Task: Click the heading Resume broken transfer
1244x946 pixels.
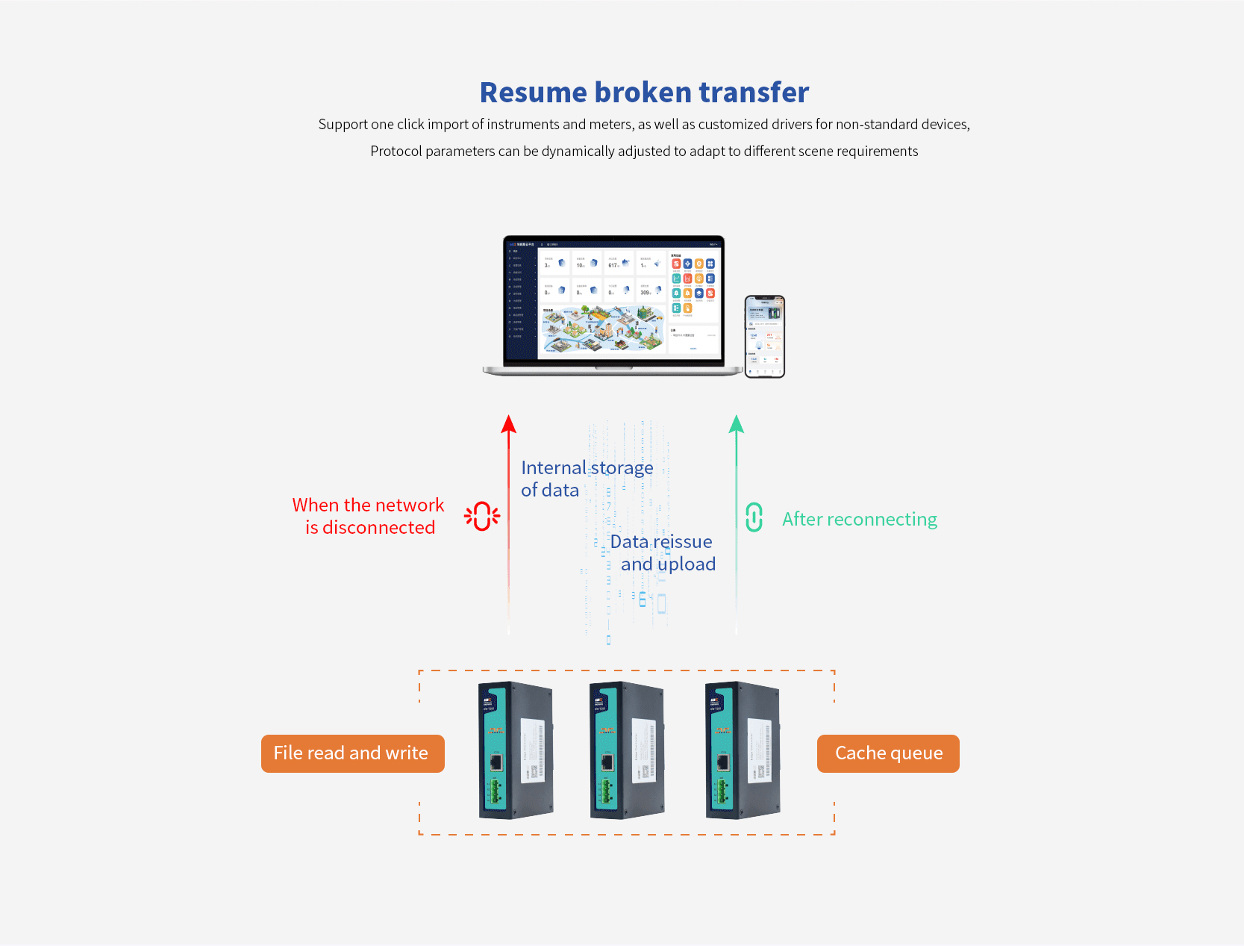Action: (x=644, y=93)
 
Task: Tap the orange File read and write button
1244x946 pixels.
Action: (x=352, y=753)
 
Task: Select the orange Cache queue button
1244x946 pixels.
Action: (x=888, y=753)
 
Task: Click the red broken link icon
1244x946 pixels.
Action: (x=482, y=516)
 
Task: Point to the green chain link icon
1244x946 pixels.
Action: (x=754, y=517)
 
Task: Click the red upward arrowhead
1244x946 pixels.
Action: (x=509, y=425)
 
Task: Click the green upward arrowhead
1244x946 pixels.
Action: (x=737, y=425)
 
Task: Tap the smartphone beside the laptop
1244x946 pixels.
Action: (x=765, y=336)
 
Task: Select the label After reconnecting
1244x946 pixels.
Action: (x=860, y=520)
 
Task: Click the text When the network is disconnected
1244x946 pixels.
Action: (x=369, y=516)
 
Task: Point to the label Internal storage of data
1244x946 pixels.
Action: (x=587, y=479)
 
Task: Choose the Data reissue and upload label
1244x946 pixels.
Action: (x=663, y=553)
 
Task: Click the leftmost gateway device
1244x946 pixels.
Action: (x=516, y=750)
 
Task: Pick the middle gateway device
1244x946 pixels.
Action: (x=627, y=750)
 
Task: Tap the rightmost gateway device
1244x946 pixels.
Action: (x=743, y=750)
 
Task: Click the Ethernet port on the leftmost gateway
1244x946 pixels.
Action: (x=496, y=762)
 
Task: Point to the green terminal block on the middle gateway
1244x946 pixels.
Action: (x=604, y=792)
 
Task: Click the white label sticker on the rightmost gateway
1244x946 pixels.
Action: (x=760, y=750)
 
